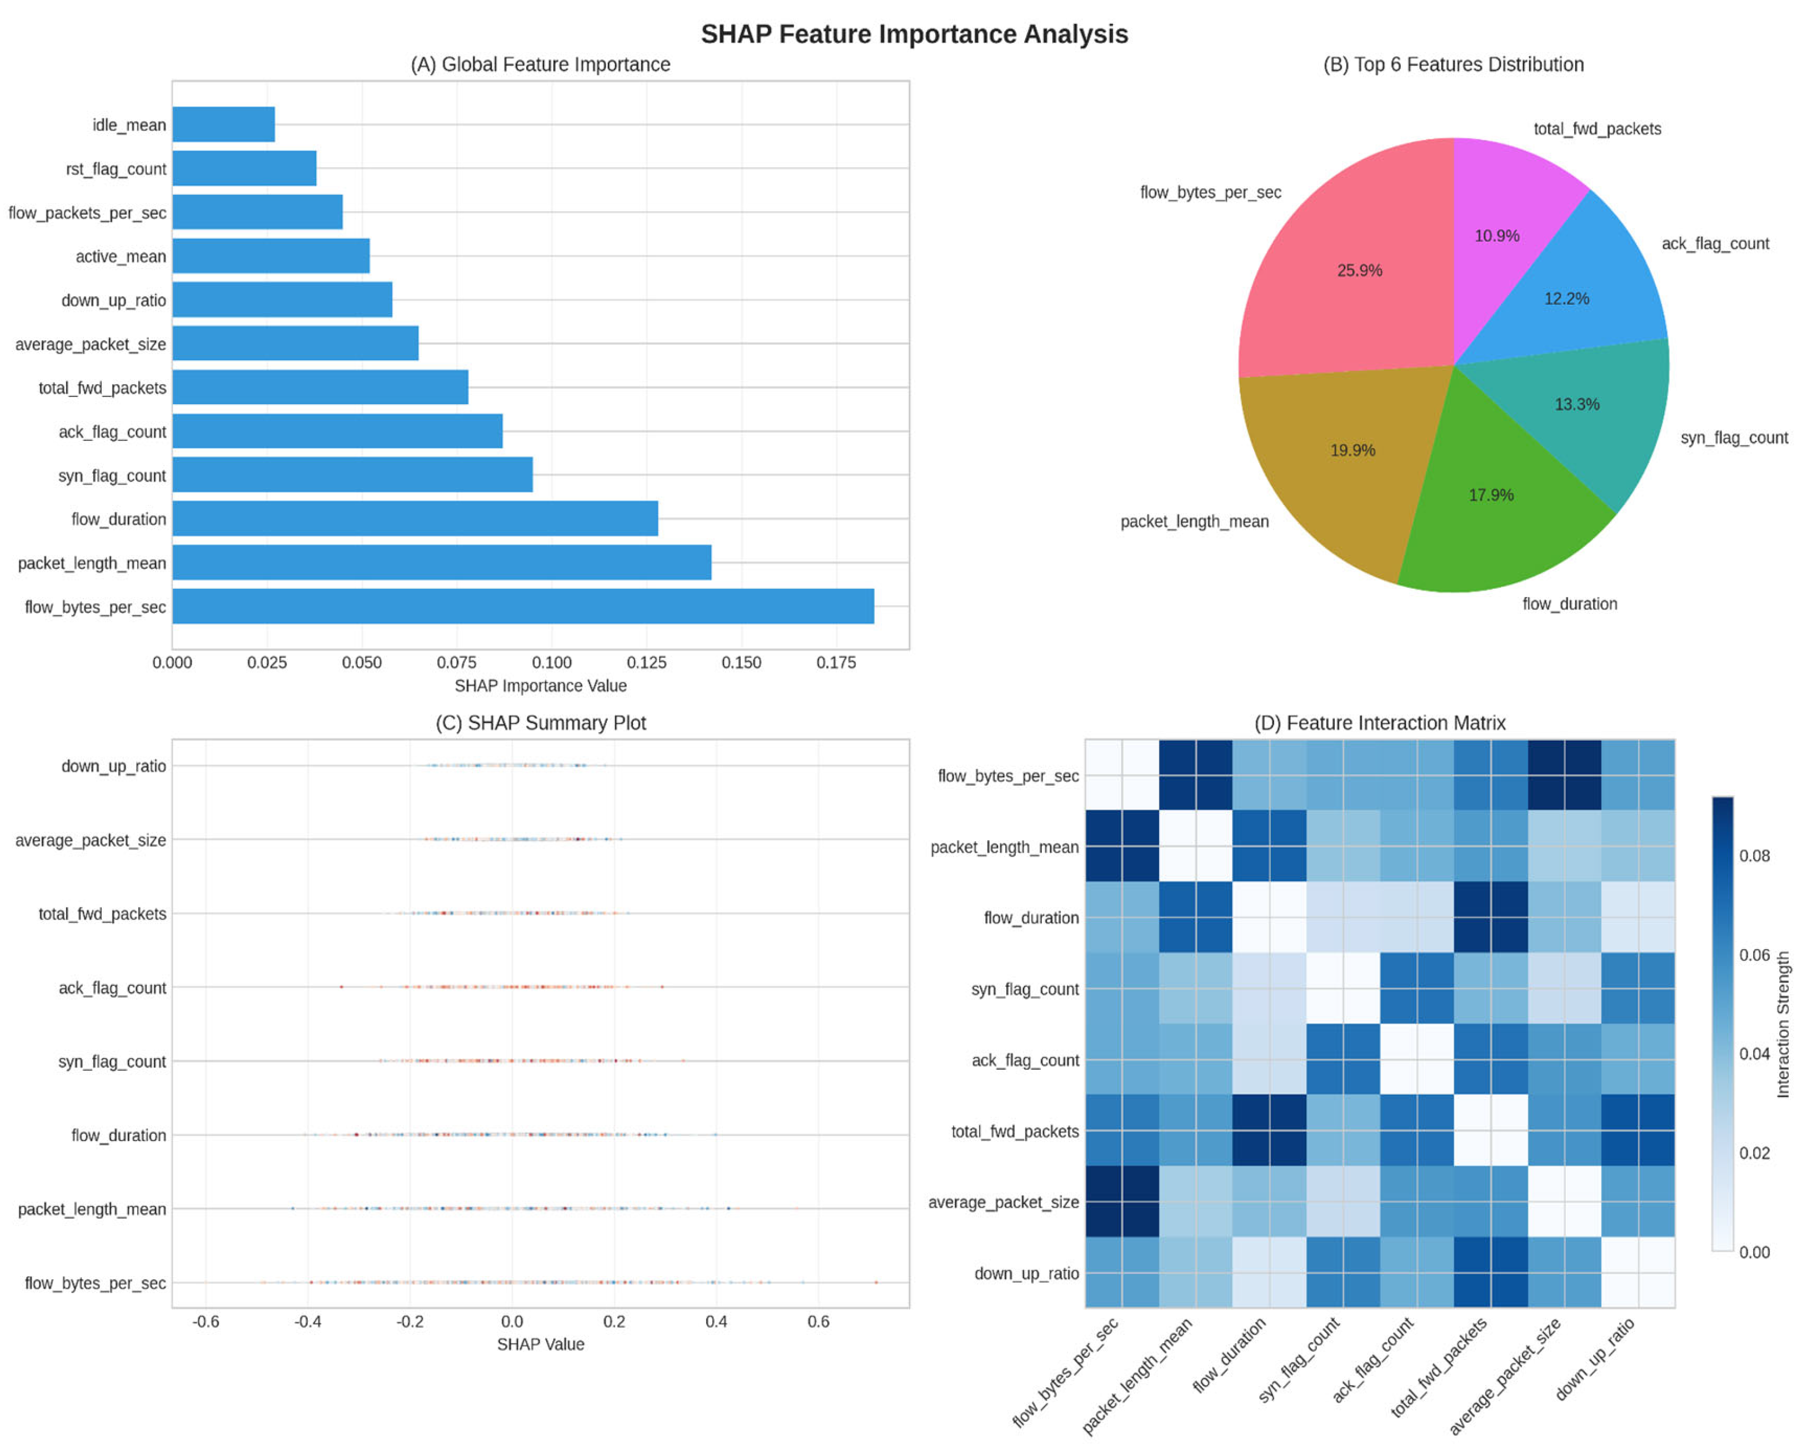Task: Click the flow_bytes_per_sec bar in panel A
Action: coord(522,606)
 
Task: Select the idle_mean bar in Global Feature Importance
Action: coord(223,125)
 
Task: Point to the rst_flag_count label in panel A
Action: coord(116,169)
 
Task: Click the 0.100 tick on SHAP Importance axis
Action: coord(552,663)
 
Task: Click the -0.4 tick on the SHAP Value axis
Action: coord(308,1322)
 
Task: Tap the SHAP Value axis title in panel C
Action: coord(540,1344)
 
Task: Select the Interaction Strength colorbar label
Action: coord(1783,1024)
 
